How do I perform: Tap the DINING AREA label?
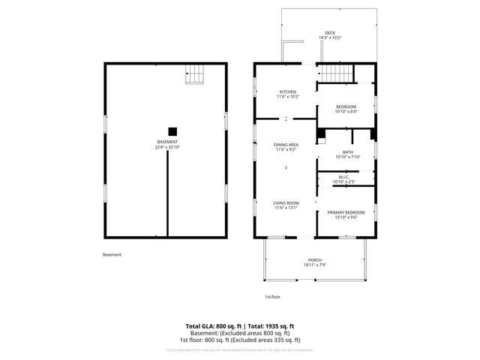point(285,145)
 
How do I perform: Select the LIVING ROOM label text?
point(286,203)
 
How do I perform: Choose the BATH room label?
point(346,152)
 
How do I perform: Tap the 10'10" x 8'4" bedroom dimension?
point(346,112)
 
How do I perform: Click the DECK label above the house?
point(329,33)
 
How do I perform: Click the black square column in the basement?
point(172,129)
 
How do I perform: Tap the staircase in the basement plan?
point(195,74)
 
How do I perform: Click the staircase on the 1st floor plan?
point(334,73)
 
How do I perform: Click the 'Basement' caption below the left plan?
point(112,255)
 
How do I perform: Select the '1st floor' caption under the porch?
point(273,296)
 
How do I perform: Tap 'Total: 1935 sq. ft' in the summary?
point(267,326)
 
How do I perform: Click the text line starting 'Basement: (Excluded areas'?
point(239,332)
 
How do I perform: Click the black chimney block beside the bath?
point(321,135)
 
